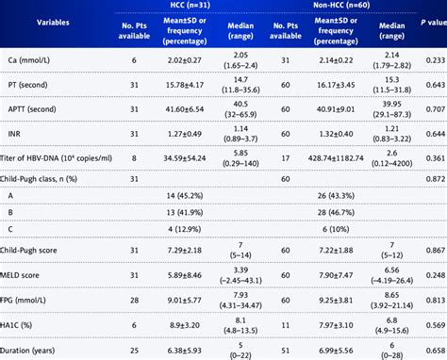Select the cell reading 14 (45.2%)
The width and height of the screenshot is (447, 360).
[x=186, y=194]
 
